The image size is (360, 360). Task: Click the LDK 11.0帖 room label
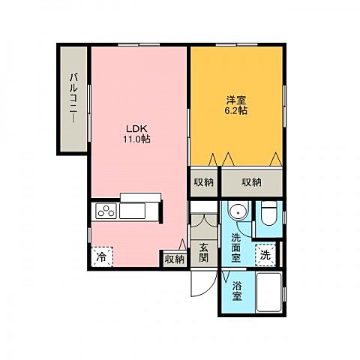tap(136, 133)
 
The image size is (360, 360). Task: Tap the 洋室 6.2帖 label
tap(236, 106)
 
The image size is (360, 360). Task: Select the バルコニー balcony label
tap(73, 98)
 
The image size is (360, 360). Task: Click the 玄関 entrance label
tap(203, 253)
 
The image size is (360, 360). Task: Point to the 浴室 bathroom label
tap(237, 291)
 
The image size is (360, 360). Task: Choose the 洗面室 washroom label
tap(235, 247)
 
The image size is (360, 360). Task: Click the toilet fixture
tap(268, 214)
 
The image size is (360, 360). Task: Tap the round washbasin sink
tap(238, 212)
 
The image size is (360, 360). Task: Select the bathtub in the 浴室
tap(269, 292)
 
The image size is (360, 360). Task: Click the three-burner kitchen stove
tap(106, 211)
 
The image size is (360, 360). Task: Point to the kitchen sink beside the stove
tap(132, 211)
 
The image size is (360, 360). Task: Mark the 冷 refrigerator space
tap(102, 256)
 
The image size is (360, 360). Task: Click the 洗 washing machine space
tap(265, 255)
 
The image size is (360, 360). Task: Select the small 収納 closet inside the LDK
tap(175, 259)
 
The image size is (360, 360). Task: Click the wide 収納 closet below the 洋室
tap(252, 183)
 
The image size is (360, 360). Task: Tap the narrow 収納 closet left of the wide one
tap(204, 183)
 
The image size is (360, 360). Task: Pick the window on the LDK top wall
tap(139, 45)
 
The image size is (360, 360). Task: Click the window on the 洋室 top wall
tap(237, 45)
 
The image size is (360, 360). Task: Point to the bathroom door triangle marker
tap(226, 276)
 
